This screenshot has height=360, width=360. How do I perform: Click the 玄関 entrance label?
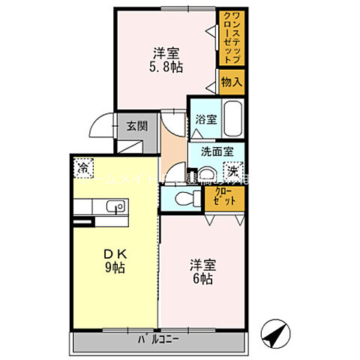(136, 125)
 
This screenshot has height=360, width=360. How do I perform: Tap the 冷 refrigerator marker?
(84, 166)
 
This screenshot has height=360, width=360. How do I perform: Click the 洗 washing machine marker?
(233, 171)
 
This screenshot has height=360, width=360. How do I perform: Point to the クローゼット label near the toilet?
(223, 197)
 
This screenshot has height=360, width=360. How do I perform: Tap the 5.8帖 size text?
(166, 66)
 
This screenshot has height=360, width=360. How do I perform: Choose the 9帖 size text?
(115, 268)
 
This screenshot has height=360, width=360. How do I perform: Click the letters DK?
(114, 253)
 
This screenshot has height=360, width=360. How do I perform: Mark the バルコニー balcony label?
(158, 339)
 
